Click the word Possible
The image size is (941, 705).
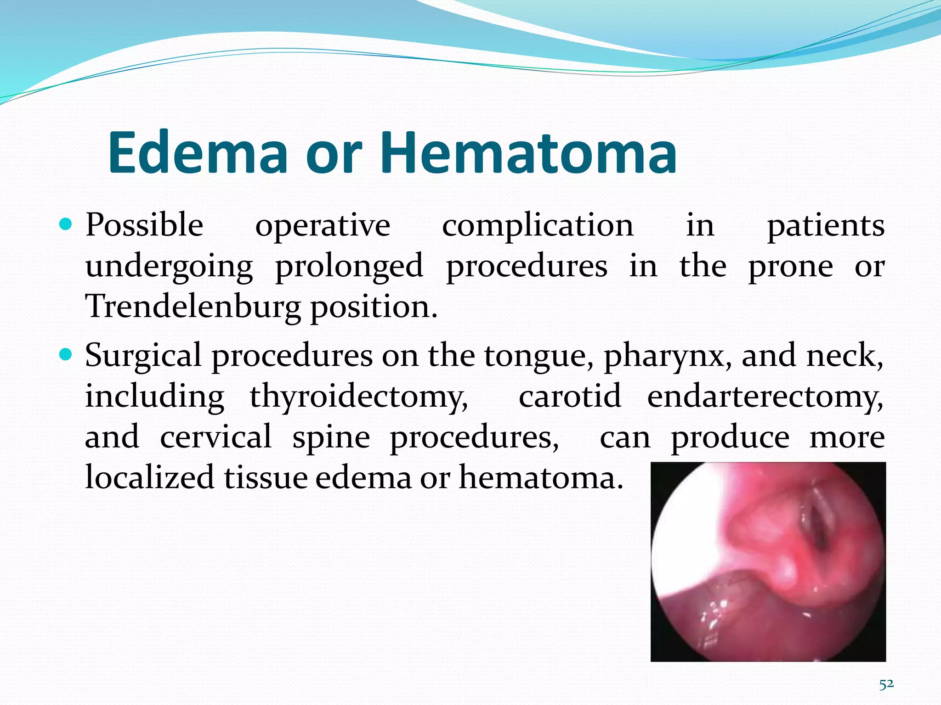pos(144,225)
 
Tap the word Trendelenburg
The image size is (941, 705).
pos(193,307)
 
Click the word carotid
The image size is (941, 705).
pos(570,396)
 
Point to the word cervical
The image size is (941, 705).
pos(216,436)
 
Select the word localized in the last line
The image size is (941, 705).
pos(150,477)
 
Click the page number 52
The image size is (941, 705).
pos(886,684)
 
